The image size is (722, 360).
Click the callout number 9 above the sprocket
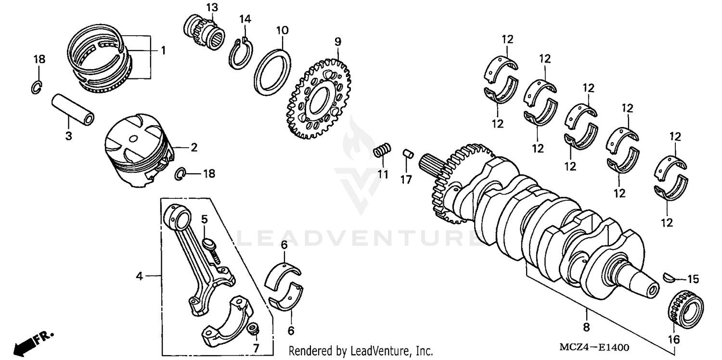tap(338, 42)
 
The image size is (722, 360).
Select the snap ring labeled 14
tap(241, 54)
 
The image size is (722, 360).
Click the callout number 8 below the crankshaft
tap(586, 327)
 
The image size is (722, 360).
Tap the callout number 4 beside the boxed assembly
tap(139, 276)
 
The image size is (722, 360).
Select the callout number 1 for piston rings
tap(163, 50)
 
